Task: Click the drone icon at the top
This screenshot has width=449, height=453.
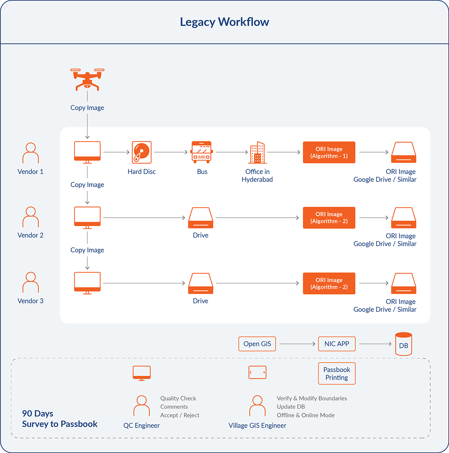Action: [x=87, y=79]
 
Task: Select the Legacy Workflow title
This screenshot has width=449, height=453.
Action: [x=224, y=22]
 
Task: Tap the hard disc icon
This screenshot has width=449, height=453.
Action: [x=141, y=152]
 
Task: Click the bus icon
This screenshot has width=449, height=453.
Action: [x=202, y=152]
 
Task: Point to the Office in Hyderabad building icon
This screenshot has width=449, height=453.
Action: [x=257, y=152]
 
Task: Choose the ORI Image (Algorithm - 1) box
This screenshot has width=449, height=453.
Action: [x=329, y=152]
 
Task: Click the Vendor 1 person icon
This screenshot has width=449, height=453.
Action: [x=31, y=153]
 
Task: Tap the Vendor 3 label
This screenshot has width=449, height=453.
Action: [x=30, y=301]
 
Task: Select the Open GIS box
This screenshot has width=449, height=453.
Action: [x=257, y=344]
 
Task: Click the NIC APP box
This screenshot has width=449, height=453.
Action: [x=337, y=344]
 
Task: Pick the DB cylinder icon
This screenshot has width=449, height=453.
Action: [x=403, y=344]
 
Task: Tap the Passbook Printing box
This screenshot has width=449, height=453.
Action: [x=337, y=374]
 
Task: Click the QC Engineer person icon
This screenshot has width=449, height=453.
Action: [x=141, y=406]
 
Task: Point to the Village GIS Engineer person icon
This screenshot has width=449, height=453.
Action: [x=257, y=406]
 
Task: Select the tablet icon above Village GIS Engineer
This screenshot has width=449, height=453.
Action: [x=257, y=372]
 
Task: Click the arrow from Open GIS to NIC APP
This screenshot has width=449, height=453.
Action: [x=297, y=344]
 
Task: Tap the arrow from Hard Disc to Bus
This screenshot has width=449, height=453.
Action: [x=171, y=152]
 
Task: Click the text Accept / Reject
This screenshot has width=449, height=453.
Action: [x=180, y=415]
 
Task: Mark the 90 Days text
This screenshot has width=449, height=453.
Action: [x=37, y=414]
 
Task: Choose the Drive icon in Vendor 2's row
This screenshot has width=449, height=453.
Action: [x=201, y=218]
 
